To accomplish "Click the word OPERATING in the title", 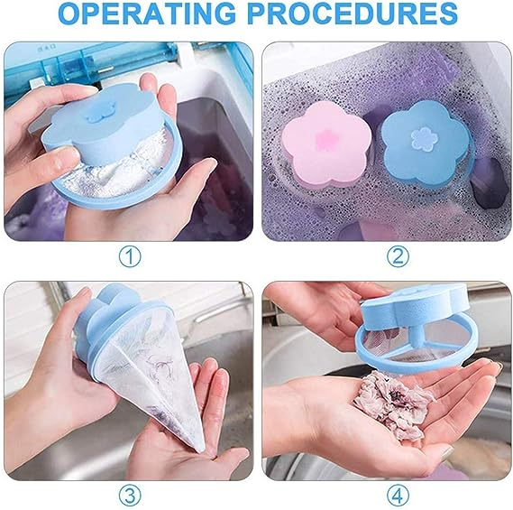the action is click(147, 14).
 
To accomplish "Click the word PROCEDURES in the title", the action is click(352, 14).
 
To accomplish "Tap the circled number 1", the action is click(130, 256).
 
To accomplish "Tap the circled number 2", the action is click(398, 256).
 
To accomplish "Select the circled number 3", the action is click(130, 496).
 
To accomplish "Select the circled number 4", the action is click(398, 496).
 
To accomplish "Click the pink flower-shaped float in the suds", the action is click(326, 144).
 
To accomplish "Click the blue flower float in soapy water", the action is click(426, 142).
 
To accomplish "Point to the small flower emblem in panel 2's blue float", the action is click(424, 140).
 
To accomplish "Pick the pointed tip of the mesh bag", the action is click(202, 450).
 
